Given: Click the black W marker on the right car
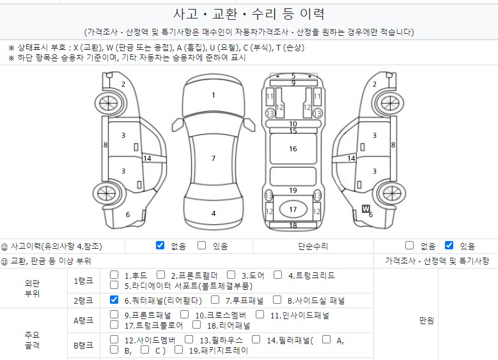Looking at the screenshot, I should (366, 208).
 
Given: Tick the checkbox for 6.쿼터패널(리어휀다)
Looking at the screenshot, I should (114, 299).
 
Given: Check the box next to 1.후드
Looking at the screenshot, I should (114, 275).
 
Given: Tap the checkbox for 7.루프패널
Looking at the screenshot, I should (215, 299).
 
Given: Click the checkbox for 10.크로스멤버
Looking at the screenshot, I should (184, 314).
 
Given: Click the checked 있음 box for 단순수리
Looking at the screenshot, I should (449, 245).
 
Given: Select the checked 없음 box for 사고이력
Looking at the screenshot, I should (160, 245).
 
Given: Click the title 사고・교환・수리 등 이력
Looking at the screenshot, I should (249, 14).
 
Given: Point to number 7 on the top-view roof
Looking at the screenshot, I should (214, 158).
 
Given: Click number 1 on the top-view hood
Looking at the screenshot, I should (214, 95).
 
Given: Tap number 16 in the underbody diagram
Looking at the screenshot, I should (293, 149).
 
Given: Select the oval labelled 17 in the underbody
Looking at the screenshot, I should (293, 209).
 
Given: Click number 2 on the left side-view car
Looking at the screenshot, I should (123, 84).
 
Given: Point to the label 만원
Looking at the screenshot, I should (426, 320).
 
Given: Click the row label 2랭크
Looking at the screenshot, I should (83, 300).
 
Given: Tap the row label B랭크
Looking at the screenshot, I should (83, 345).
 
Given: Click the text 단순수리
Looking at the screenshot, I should (313, 246).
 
